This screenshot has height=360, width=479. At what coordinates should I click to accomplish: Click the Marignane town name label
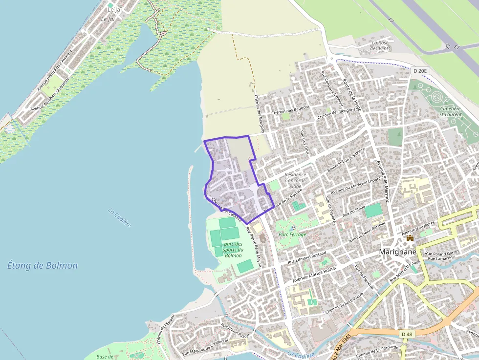397,252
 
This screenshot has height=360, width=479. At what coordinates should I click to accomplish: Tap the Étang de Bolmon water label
43,266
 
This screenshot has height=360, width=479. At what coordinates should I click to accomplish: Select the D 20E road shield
420,71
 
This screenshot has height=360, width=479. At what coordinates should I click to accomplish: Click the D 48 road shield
407,334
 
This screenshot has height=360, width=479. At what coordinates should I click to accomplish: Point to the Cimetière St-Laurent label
450,112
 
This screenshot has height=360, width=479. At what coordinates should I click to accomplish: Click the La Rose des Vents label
381,45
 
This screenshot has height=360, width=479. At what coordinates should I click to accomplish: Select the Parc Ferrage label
292,234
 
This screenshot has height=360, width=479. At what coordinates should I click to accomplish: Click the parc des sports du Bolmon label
233,250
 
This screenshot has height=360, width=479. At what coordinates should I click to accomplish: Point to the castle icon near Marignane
410,237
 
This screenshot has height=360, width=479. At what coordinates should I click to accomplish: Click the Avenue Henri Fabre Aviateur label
54,71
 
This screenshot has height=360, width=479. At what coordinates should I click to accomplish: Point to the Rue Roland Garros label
442,254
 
